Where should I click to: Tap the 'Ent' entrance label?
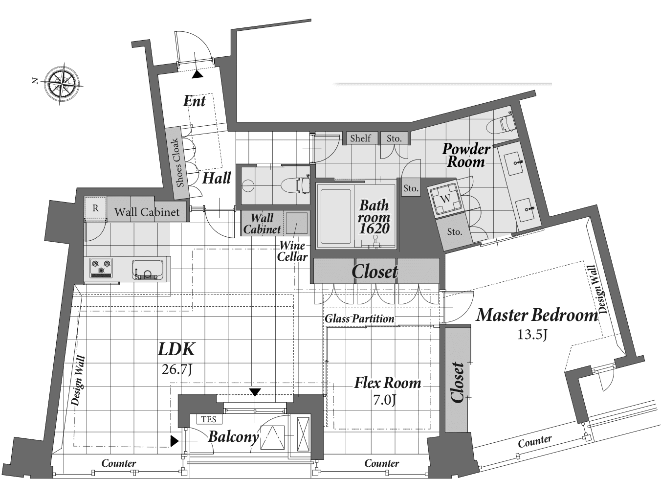(194, 101)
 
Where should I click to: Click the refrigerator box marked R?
(95, 208)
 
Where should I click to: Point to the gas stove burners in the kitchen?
(101, 268)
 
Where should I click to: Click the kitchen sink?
(147, 270)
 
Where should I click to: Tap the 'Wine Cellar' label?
(292, 251)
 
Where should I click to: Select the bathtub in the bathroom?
(336, 216)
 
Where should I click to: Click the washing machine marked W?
(446, 199)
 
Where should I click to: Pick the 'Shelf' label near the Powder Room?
(360, 138)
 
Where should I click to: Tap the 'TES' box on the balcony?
(208, 419)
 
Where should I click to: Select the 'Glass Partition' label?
(359, 319)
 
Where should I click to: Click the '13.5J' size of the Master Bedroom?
(532, 335)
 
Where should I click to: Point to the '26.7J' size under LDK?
(176, 369)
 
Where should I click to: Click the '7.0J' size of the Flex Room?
(384, 400)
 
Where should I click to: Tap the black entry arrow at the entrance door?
(197, 74)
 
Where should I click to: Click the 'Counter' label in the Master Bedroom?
(535, 442)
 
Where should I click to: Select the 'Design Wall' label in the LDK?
(78, 381)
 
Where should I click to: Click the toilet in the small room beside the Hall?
(297, 184)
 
